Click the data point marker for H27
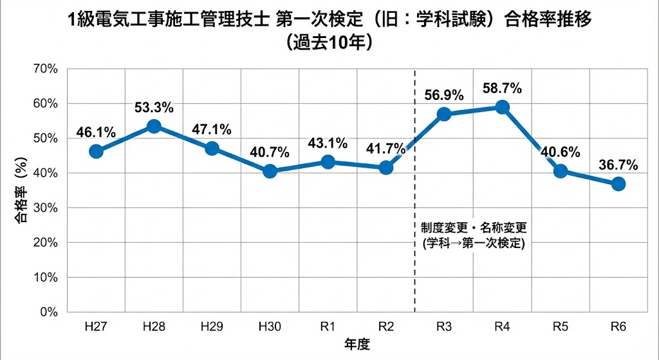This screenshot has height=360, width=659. point(96,151)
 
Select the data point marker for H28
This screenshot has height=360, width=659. point(154,126)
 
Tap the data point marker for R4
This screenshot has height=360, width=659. point(502,107)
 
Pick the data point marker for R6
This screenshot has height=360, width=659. point(618,184)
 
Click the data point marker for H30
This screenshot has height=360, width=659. point(270,171)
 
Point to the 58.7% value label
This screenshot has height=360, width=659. point(503,88)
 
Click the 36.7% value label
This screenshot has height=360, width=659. point(618,165)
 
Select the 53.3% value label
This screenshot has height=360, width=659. point(154,108)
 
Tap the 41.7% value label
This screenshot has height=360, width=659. point(386,148)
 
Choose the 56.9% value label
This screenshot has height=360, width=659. point(444,95)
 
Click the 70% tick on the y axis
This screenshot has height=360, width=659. point(46,68)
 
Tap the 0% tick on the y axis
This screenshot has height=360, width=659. point(49,312)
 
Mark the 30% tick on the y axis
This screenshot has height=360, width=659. point(46,208)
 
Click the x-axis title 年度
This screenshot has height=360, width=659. point(357,345)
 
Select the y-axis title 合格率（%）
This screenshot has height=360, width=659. point(21,191)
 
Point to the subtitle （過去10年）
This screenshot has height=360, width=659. point(328,43)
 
